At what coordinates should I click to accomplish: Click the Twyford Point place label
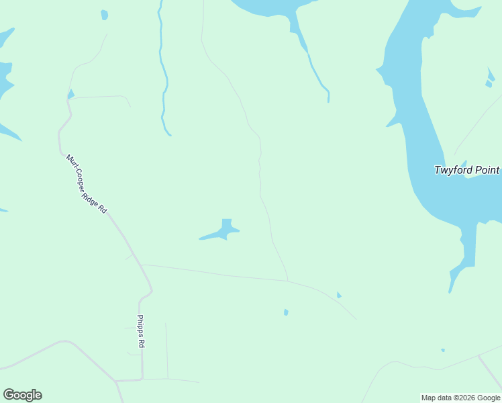[x=466, y=170]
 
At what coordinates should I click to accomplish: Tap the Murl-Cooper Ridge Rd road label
[x=87, y=184]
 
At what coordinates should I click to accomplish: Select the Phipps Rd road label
[x=141, y=331]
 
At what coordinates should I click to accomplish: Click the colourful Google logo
[x=22, y=395]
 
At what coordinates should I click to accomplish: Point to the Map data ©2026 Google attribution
[x=460, y=398]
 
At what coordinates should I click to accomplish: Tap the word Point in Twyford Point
[x=486, y=170]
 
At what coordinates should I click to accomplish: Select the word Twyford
[x=452, y=170]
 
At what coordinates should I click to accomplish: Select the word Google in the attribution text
[x=488, y=398]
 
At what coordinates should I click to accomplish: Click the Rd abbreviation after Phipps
[x=141, y=343]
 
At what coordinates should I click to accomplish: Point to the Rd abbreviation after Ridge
[x=103, y=209]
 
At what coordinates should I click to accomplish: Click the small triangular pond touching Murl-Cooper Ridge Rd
[x=70, y=94]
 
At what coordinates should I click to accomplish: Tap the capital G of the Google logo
[x=9, y=394]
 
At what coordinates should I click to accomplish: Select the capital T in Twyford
[x=438, y=170]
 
